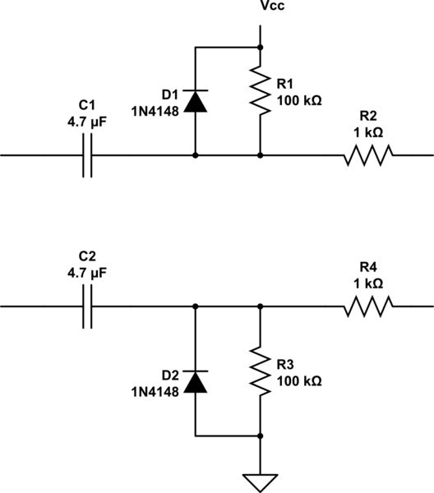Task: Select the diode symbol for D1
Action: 195,100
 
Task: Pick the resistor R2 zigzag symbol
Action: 367,154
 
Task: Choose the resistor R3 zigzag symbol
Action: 261,371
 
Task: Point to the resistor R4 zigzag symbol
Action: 367,307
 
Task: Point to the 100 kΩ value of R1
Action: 298,101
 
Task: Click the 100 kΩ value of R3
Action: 298,381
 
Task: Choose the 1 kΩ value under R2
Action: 367,129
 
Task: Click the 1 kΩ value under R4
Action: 367,283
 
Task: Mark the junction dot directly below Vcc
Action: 261,48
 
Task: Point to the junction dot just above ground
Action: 261,435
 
